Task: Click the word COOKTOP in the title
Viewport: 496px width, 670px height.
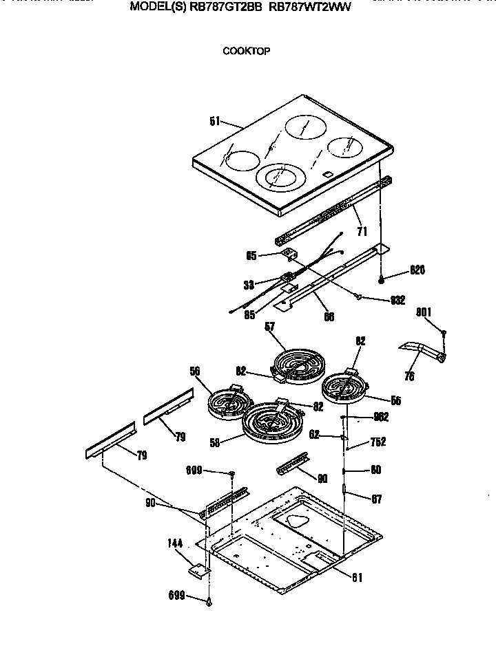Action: tap(247, 51)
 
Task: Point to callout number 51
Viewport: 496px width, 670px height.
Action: tap(215, 122)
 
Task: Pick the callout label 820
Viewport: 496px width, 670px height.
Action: tap(417, 270)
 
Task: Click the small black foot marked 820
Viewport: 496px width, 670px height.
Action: tap(381, 278)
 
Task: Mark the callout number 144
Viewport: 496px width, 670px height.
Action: tap(175, 544)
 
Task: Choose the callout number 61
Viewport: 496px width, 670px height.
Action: tap(355, 578)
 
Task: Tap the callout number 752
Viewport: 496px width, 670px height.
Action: tap(378, 442)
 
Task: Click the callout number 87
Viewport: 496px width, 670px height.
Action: tap(377, 499)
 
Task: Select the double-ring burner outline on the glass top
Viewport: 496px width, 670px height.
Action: tap(280, 177)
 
